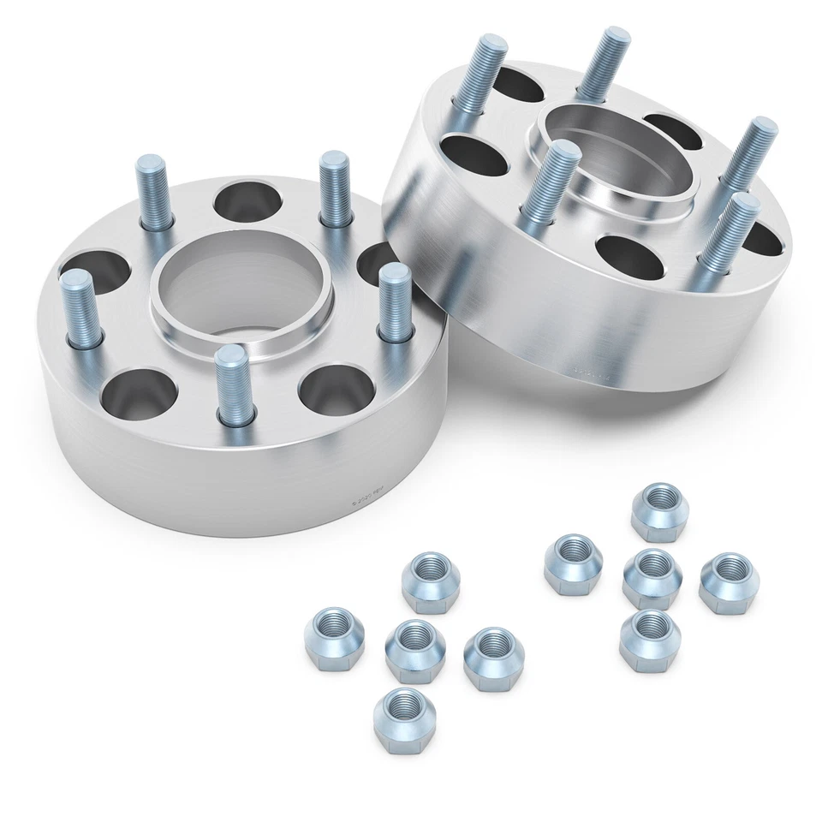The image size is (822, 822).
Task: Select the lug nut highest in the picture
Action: point(660,511)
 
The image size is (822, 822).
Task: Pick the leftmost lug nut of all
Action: point(334,638)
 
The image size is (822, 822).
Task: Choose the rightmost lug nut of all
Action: point(729,581)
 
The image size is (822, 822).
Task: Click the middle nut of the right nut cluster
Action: point(652,579)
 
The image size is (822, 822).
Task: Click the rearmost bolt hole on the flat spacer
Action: point(247,200)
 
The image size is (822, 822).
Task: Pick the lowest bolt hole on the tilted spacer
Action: point(630,257)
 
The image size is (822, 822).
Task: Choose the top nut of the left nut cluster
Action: point(431,581)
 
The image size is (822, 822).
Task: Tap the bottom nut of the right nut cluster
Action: point(650,640)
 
